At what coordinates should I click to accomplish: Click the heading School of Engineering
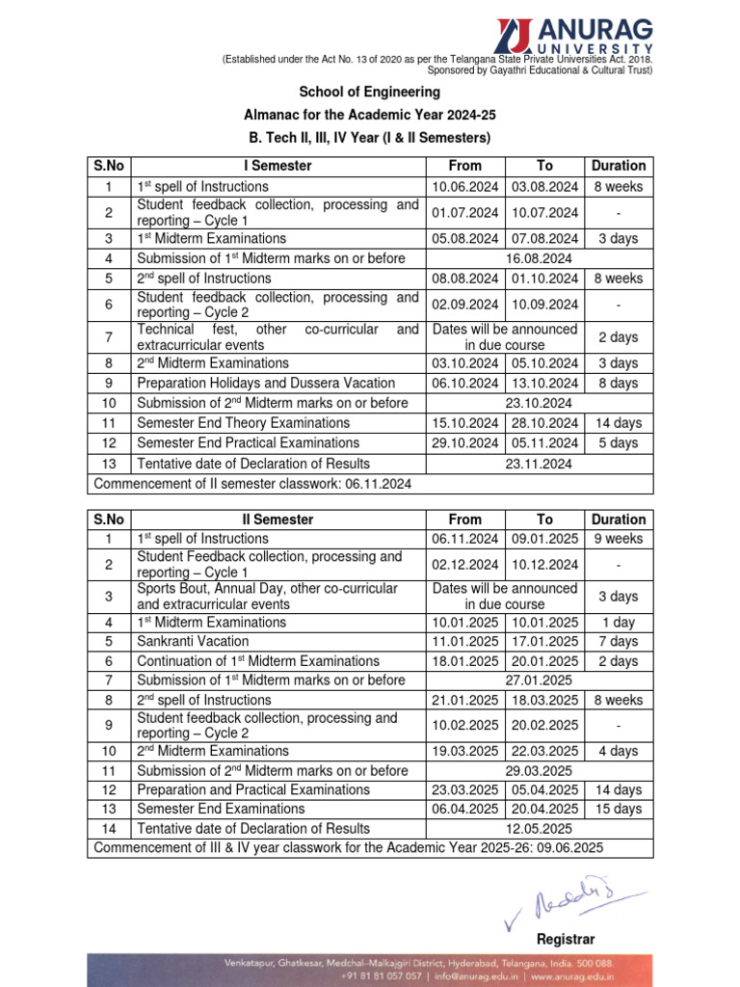coord(369,92)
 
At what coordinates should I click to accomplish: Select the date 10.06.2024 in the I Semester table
coord(465,186)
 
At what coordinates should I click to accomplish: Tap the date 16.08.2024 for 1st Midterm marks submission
coord(539,258)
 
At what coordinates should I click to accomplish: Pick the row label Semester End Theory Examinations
coord(244,423)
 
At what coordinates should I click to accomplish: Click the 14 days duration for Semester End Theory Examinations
coord(618,423)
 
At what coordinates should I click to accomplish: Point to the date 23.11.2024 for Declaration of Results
coord(539,464)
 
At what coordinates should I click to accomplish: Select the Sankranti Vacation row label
coord(193,641)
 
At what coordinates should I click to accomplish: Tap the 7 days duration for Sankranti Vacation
coord(618,641)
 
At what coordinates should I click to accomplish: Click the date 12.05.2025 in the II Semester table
coord(539,828)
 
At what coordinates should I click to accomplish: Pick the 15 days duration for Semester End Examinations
coord(618,809)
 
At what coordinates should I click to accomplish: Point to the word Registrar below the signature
coord(565,939)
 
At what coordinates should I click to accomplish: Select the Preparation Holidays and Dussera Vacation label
coord(266,383)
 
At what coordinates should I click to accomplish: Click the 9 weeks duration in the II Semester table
coord(618,539)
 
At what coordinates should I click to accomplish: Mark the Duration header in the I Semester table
coord(619,166)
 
